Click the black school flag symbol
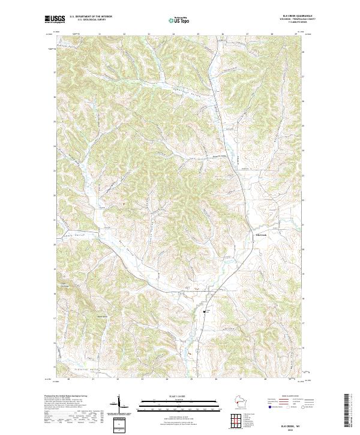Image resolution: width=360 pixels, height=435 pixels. click(206, 312)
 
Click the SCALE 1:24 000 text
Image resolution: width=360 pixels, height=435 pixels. click(179, 395)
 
